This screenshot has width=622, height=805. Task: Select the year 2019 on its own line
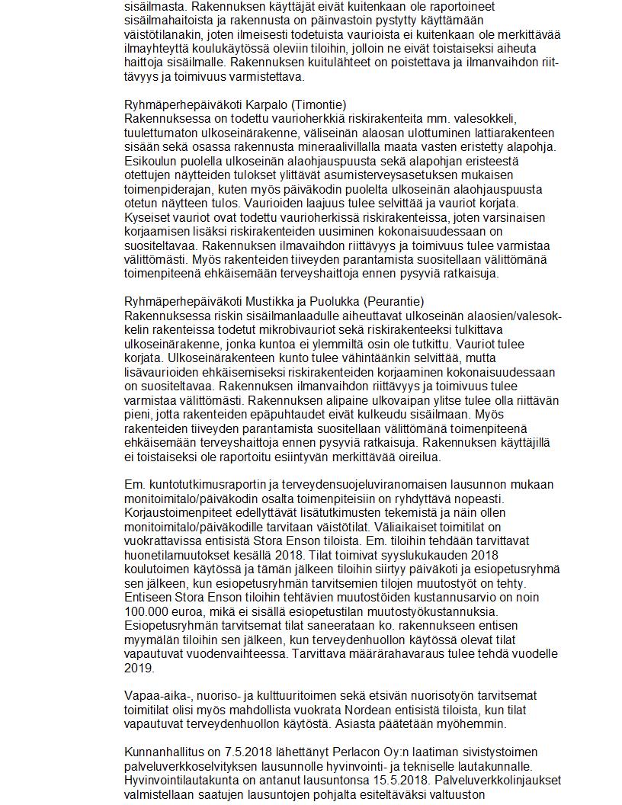tap(138, 668)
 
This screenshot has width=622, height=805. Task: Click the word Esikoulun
tap(150, 161)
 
